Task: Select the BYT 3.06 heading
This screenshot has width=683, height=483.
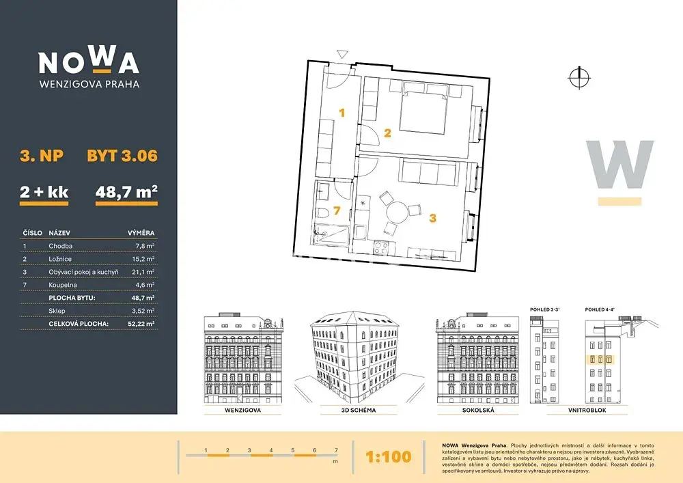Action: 122,156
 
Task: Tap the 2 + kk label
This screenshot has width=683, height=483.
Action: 44,192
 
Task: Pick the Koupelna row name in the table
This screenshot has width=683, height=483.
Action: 63,285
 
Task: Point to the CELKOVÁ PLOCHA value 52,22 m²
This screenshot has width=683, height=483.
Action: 141,324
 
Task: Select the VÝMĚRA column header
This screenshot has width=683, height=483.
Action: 141,233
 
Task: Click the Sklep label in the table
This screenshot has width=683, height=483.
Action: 57,311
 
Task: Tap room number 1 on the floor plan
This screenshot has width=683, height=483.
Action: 342,113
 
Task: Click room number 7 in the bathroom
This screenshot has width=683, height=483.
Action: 336,211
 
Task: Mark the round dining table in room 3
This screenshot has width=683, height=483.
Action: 398,212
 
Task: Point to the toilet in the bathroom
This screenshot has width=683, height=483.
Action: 324,213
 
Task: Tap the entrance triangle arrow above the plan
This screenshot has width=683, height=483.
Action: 343,55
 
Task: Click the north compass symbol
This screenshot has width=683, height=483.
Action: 579,79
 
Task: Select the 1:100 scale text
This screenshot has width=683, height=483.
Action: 389,456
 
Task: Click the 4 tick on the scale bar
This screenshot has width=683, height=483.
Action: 271,450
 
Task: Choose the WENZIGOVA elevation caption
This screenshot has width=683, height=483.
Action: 243,411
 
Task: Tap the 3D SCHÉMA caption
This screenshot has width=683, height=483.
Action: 359,411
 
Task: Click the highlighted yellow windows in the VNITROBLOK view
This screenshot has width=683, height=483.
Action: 600,360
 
